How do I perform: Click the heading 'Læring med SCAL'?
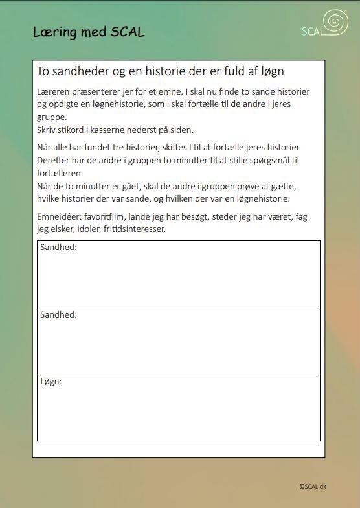(x=89, y=32)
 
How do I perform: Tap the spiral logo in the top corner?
(x=335, y=23)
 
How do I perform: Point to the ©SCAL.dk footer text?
(x=313, y=486)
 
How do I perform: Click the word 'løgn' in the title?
(x=270, y=71)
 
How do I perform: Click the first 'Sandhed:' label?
(x=58, y=248)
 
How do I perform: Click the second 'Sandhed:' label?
(x=58, y=314)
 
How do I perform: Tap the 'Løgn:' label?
(x=51, y=382)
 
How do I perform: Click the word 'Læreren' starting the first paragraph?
(x=54, y=92)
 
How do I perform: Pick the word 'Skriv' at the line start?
(x=47, y=130)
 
